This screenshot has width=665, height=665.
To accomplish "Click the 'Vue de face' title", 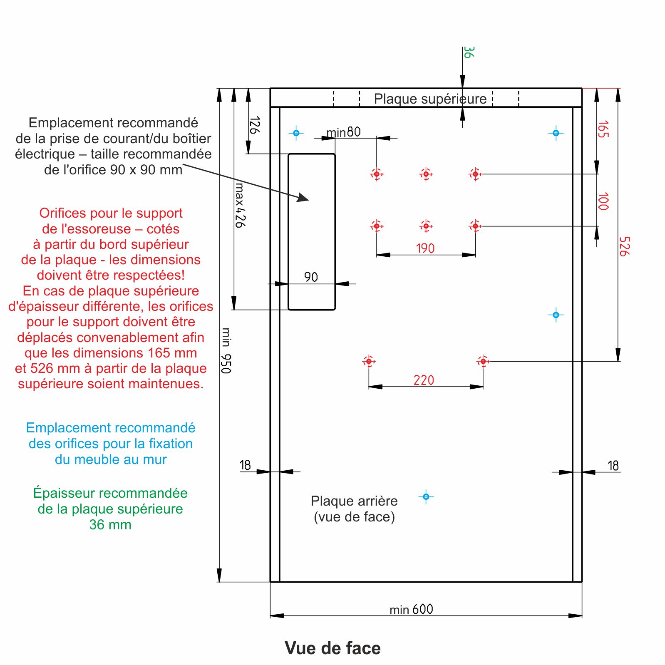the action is (332, 648).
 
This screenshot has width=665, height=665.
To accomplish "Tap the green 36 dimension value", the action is (469, 52).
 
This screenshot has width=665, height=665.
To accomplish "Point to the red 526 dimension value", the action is (624, 246).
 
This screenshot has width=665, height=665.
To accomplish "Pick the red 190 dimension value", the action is (425, 248).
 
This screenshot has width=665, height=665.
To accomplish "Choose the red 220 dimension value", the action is (424, 380).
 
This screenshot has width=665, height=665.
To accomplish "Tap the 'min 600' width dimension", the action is (411, 609).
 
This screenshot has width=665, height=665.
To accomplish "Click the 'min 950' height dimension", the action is (226, 351).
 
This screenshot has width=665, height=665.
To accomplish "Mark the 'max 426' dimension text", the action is (240, 205).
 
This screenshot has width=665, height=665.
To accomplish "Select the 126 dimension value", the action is (254, 125).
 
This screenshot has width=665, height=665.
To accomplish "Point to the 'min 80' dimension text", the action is (343, 132).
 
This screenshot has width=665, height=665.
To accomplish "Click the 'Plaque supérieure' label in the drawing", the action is (430, 99).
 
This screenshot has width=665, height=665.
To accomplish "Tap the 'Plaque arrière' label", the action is (354, 501).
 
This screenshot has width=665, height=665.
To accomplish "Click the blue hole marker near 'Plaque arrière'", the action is (426, 496).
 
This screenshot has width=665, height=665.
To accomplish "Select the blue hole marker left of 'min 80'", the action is (296, 133).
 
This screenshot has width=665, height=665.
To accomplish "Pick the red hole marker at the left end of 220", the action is (369, 361).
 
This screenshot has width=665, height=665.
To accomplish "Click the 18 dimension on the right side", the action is (613, 465).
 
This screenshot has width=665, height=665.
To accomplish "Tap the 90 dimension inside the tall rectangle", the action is (311, 277).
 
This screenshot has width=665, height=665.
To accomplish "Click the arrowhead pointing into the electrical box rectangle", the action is (303, 198).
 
